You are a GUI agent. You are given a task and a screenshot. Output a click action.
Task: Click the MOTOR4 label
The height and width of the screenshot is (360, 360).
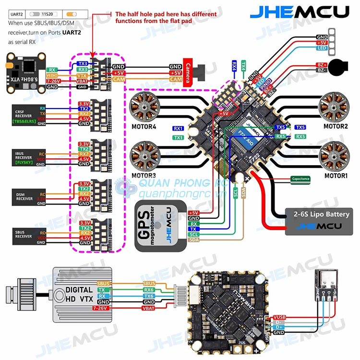144,126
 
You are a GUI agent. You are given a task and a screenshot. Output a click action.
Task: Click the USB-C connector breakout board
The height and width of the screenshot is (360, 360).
326,284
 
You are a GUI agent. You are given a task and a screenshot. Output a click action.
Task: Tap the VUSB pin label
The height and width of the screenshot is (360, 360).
279,317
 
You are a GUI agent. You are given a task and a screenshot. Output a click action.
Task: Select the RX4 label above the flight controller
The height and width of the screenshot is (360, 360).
234,65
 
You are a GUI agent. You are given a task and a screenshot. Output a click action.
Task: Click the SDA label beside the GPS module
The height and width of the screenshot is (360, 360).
193,239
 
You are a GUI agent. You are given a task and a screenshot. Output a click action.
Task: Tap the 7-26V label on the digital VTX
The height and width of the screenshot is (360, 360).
103,308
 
